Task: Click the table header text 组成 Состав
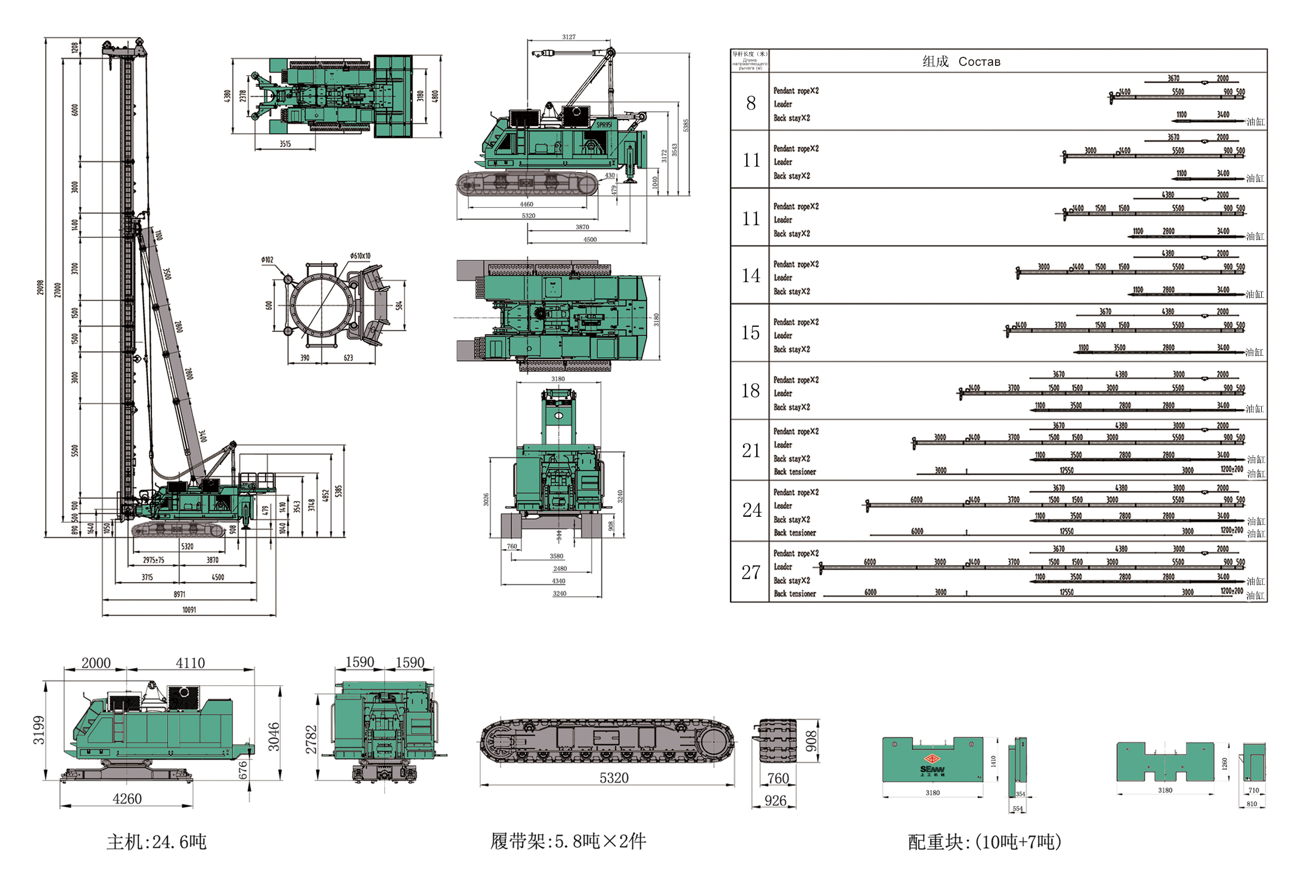pos(961,61)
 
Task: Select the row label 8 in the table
pos(751,103)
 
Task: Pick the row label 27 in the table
pos(751,572)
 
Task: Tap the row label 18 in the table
pos(751,391)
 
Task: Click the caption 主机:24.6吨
pos(157,841)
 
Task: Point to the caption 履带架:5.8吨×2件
pos(568,841)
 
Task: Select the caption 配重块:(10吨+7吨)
pos(985,841)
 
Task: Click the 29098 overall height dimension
pos(41,287)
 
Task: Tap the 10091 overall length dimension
pos(189,610)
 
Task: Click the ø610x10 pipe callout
pos(360,256)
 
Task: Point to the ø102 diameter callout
pos(267,260)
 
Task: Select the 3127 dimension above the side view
pos(569,37)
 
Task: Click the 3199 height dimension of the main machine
pos(39,730)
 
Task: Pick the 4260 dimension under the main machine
pos(127,799)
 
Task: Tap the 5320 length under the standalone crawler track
pos(614,778)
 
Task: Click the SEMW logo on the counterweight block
pos(932,770)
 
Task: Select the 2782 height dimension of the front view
pos(312,739)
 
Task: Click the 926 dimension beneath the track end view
pos(775,800)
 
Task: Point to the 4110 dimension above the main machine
pos(190,663)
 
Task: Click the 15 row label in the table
pos(751,333)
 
